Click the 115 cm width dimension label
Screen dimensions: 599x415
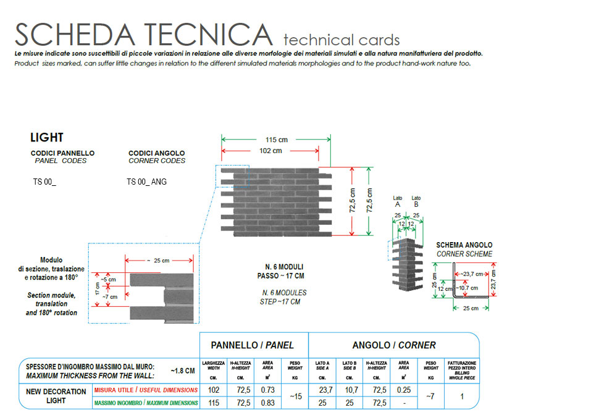coord(277,140)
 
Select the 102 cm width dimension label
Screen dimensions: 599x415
coord(270,151)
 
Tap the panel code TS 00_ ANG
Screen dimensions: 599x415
coord(147,182)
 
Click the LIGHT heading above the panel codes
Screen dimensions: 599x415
coord(46,138)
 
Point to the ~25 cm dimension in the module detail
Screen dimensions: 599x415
coord(158,261)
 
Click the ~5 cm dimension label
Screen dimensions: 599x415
coord(109,280)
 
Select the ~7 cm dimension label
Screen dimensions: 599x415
coord(110,297)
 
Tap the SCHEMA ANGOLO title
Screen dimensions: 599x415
coord(464,245)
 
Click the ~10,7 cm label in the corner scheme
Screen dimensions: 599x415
coord(467,288)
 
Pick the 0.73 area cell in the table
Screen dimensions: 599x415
coord(268,390)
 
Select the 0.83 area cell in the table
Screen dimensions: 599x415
coord(268,403)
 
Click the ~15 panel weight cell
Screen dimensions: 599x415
coord(295,396)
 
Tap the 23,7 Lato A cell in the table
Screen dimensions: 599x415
coord(325,390)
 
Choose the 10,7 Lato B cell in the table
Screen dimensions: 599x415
coord(351,390)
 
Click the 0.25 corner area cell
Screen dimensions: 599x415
coord(404,390)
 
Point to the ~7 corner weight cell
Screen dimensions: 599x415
coord(430,396)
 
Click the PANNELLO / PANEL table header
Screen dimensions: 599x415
coord(252,345)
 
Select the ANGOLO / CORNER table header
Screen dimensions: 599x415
coord(394,345)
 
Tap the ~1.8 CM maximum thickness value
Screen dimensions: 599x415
coord(183,371)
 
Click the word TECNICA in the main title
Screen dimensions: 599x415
coord(208,35)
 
